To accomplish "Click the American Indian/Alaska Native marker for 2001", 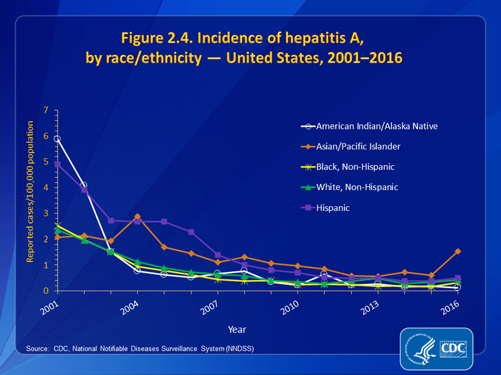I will [x=57, y=139].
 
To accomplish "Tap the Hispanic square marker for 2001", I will [x=57, y=164].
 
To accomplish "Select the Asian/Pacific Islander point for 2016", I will [x=458, y=251].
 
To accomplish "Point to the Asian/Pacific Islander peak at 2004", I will [x=137, y=216].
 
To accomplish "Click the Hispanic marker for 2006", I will [x=191, y=232].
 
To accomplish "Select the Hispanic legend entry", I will [x=334, y=206].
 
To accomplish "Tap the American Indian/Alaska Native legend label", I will [x=376, y=126].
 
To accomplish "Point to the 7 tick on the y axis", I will [x=46, y=110].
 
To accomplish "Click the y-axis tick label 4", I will [x=46, y=187].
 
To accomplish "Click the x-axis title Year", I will [x=237, y=329].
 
